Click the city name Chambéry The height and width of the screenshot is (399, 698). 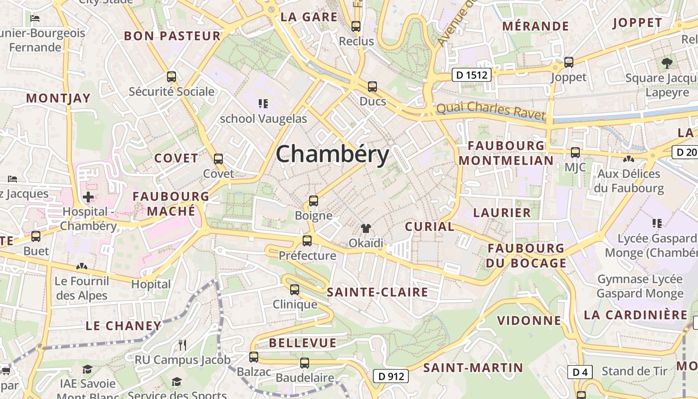333,154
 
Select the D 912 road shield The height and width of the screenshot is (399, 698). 391,376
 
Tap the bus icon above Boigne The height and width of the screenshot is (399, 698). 313,201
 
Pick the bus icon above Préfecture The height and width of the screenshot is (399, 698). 307,241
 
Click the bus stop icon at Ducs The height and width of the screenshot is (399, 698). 372,87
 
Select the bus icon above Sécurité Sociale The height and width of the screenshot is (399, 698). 172,77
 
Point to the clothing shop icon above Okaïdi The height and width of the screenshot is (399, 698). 366,228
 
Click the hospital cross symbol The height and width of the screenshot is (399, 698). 88,197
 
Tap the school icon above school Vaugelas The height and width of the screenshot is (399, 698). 263,104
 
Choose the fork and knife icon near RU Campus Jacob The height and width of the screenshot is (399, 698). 182,345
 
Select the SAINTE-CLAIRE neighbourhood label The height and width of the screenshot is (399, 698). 377,292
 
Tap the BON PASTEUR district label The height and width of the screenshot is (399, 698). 172,36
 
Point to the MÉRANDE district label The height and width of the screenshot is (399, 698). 535,26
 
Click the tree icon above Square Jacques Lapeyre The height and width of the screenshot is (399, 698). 667,63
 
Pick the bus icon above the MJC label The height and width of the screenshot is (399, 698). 575,153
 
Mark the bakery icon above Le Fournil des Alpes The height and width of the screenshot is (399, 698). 81,267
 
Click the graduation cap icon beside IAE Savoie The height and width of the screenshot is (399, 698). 88,369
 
